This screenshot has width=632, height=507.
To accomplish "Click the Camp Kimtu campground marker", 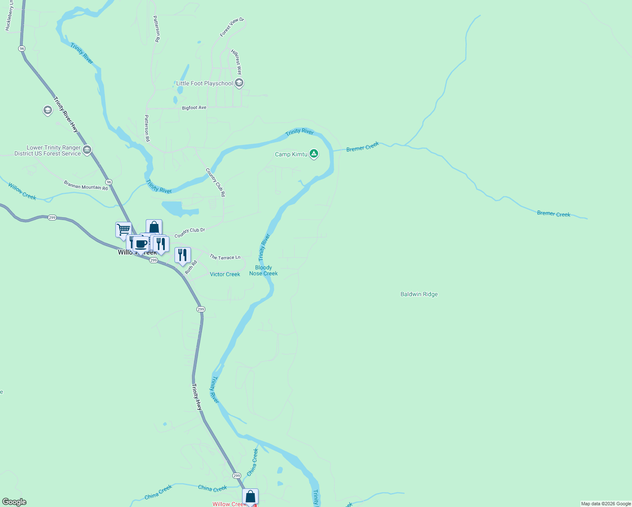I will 313,154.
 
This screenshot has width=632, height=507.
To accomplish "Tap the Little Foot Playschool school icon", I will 239,83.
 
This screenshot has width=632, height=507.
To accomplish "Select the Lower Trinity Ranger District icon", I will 87,150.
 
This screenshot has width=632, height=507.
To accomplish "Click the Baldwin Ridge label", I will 419,294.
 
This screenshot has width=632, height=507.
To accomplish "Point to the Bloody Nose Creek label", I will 263,270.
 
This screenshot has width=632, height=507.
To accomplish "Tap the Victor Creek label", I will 225,274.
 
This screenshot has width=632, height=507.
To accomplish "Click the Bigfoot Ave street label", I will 194,108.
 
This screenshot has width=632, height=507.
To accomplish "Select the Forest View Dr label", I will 232,27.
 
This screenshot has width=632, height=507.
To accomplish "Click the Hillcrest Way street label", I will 237,62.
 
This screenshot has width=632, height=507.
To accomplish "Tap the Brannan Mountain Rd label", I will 86,185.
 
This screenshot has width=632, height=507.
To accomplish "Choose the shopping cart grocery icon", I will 123,230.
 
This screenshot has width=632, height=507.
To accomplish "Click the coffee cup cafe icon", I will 141,244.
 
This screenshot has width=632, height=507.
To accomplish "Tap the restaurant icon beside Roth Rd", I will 183,255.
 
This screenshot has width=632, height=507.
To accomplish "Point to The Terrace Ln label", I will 225,257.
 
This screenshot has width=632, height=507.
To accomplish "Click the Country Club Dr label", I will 190,233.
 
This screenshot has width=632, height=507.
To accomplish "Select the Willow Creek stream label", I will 22,191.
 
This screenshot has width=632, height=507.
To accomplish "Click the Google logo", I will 14,502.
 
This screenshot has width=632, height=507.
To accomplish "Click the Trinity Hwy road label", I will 197,397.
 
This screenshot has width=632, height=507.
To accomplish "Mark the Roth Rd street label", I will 191,267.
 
